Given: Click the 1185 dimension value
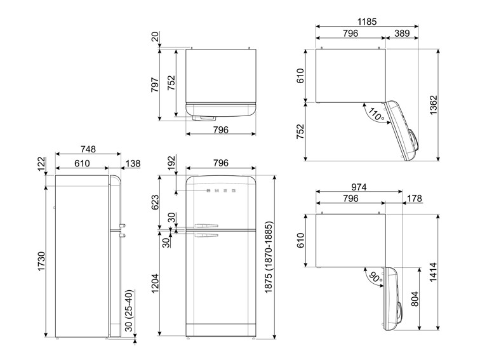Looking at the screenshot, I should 367,21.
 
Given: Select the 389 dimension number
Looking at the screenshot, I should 401,33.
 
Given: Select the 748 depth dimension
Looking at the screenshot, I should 88,150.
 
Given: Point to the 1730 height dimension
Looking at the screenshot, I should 41,262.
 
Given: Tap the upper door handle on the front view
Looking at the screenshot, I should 206,225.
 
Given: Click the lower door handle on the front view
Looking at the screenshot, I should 206,237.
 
